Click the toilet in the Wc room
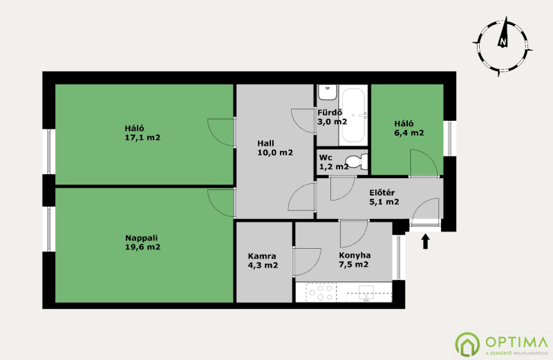pos(357,162)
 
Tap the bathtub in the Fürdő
pos(353,115)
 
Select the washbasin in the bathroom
pos(328,92)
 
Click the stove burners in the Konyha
pos(321,292)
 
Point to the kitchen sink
pos(366,293)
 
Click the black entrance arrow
pos(426,242)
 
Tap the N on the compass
pos(503,42)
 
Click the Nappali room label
pos(141,238)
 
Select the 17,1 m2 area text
pos(142,138)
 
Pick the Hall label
pos(265,144)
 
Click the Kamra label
pos(262,256)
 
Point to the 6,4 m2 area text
pos(409,133)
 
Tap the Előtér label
pos(382,193)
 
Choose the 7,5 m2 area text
pos(354,265)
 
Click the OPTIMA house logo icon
pos(467,344)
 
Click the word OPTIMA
pos(516,341)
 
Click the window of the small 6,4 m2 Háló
pos(450,138)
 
